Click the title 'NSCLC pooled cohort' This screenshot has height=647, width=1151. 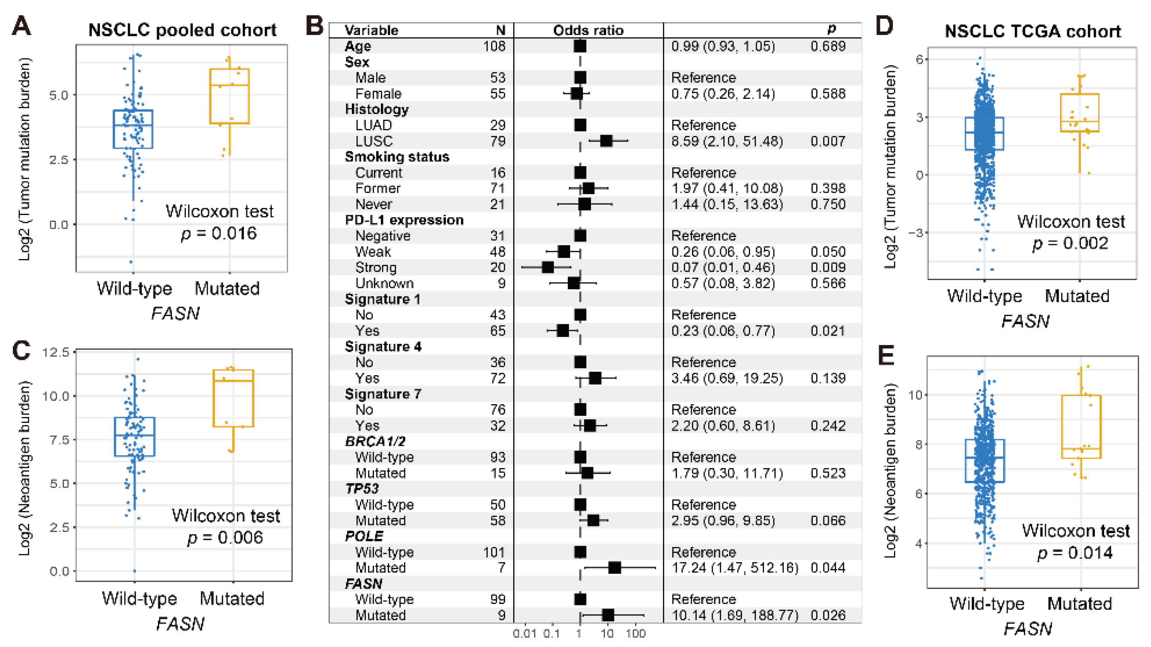tap(182, 30)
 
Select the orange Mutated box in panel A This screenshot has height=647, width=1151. tap(229, 96)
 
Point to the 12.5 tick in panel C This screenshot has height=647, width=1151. tap(56, 352)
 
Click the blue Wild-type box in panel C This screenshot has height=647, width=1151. tap(134, 437)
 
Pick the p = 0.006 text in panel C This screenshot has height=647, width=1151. tap(225, 538)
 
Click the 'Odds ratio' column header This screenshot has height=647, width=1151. tap(588, 30)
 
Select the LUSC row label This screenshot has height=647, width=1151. tap(374, 141)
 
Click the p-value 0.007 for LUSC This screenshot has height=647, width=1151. tap(828, 141)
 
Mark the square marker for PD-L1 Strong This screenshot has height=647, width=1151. tap(548, 267)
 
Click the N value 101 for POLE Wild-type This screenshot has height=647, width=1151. tap(494, 552)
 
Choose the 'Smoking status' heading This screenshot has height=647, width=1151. tap(397, 157)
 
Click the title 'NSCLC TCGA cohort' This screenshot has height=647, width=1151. tap(1033, 31)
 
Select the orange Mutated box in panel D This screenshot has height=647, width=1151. tap(1080, 113)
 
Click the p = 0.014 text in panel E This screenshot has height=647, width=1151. tap(1074, 553)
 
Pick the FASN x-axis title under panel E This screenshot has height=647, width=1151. tap(1028, 629)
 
